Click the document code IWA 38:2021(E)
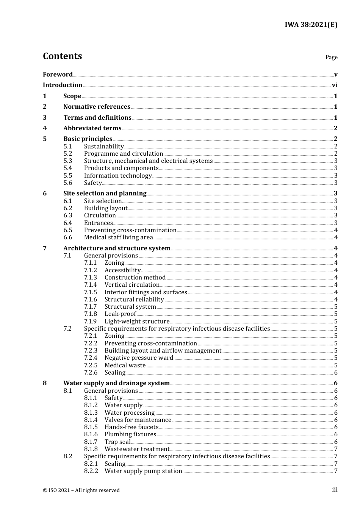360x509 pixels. (311, 25)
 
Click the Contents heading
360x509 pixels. (62, 56)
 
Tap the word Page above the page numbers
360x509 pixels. (331, 57)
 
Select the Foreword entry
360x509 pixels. (58, 74)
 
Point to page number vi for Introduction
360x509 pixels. (335, 85)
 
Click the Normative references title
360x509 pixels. (97, 107)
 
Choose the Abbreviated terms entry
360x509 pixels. (92, 128)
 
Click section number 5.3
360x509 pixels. (68, 161)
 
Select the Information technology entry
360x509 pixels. (117, 176)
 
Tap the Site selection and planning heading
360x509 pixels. (105, 194)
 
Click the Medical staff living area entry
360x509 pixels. (118, 237)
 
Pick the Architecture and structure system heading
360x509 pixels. (117, 248)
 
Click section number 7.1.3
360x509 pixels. (91, 278)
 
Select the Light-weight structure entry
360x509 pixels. (137, 322)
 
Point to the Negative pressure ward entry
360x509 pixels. (139, 358)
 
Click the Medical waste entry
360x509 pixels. (125, 365)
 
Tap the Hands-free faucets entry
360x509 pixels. (131, 427)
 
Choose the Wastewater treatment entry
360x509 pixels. (137, 449)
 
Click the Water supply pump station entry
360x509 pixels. (143, 471)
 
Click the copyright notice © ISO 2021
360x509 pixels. (81, 490)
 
